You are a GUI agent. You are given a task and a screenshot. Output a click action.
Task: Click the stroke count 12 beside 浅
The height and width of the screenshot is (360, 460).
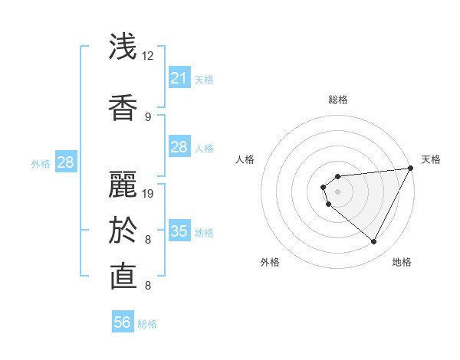pos(148,56)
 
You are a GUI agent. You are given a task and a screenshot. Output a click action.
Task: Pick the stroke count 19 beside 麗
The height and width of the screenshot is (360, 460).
pos(149,193)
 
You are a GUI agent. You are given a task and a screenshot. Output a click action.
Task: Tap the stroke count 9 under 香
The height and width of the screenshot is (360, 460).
pos(148,116)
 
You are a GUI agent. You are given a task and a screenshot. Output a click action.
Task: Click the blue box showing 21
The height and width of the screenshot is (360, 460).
pos(179,78)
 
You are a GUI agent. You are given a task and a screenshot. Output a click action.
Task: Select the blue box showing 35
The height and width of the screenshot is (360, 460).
pos(179,231)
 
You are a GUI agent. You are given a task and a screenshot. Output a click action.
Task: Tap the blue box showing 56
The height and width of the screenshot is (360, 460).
pos(122,322)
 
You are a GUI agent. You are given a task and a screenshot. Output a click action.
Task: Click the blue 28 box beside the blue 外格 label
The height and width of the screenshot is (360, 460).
pos(65,162)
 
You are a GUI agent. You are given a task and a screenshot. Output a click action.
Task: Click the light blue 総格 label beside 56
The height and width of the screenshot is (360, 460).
pos(147,324)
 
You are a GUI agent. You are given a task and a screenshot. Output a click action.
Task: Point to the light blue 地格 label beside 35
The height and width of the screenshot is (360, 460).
pos(204,233)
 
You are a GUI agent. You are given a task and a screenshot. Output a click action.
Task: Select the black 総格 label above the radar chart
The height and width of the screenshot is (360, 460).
pos(338,100)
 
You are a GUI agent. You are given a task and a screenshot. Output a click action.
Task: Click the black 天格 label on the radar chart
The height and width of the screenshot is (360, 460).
pos(431,159)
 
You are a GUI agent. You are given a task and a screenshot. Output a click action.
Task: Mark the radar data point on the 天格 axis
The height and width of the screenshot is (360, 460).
pos(410,168)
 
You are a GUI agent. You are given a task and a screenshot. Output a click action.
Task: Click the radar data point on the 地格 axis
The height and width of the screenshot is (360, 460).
pos(373,242)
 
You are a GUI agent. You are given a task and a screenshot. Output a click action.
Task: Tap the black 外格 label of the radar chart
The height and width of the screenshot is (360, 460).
pos(270,262)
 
